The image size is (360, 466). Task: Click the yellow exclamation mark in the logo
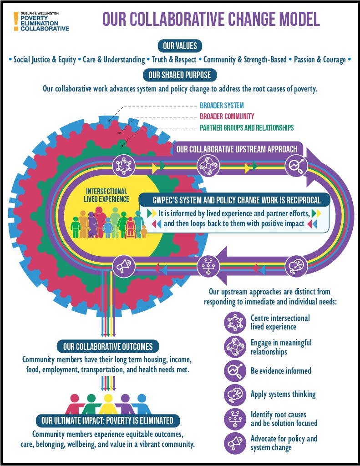coord(16,21)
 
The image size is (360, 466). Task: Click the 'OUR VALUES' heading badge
coord(180,46)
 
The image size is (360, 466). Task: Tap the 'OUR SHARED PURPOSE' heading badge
coord(180,75)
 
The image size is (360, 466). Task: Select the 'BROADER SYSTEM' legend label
coord(222,106)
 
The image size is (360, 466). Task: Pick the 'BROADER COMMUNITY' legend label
coord(227,116)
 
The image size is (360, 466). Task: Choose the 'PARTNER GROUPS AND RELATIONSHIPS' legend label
coord(247,128)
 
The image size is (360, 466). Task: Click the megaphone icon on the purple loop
coord(124,266)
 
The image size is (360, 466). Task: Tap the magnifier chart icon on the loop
coord(296,166)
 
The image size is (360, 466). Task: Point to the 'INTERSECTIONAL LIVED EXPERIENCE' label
coord(106,195)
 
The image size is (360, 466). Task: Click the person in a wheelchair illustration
coord(130,228)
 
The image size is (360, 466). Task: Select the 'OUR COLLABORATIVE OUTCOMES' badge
coord(107,346)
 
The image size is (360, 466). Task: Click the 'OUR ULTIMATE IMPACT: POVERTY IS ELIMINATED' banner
coord(107,420)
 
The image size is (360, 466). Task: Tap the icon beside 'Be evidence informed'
coord(235,370)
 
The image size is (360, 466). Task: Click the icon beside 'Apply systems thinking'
coord(235,395)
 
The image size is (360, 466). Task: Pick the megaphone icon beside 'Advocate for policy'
coord(235,443)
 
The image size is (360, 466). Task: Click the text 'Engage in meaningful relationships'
coord(281,347)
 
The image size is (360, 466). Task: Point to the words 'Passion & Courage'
coord(320,60)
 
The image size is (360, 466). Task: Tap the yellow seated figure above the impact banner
coord(107,404)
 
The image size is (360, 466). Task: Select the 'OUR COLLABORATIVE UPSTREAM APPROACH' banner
coord(237,149)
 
